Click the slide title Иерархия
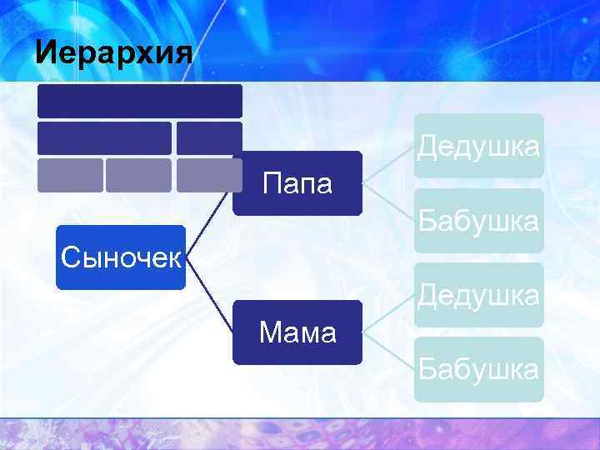[114, 53]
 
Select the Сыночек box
[121, 257]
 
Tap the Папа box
[297, 183]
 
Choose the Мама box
[297, 332]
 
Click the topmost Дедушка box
[479, 146]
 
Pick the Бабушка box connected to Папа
[479, 221]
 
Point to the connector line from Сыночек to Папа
[210, 219]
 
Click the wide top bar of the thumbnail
[139, 101]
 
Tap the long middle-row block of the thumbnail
[104, 138]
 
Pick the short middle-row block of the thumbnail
[209, 138]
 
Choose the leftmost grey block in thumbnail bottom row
[70, 175]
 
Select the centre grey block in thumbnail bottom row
[138, 175]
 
